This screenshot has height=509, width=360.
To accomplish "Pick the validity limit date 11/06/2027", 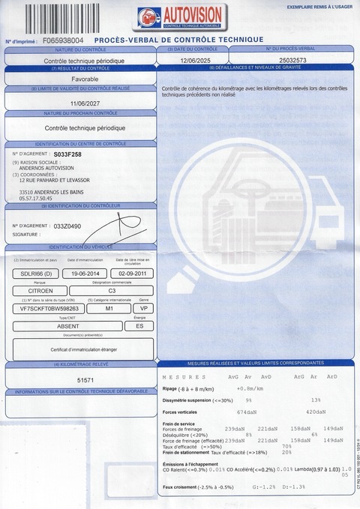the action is point(85,106).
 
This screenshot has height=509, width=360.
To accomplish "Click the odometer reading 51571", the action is point(86,382).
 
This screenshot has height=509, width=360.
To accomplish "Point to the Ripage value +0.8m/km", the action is point(250,388).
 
